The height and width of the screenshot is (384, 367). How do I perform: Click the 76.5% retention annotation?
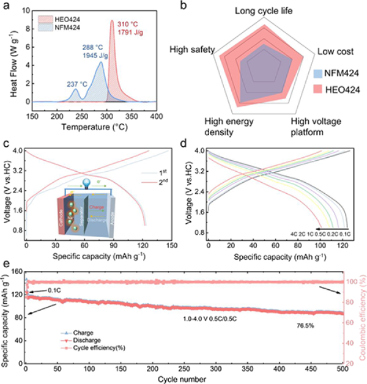click(306, 326)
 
